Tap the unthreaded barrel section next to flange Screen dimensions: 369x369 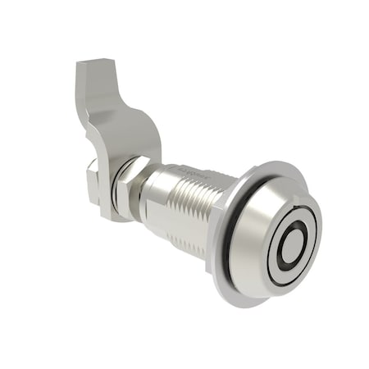(220, 197)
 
